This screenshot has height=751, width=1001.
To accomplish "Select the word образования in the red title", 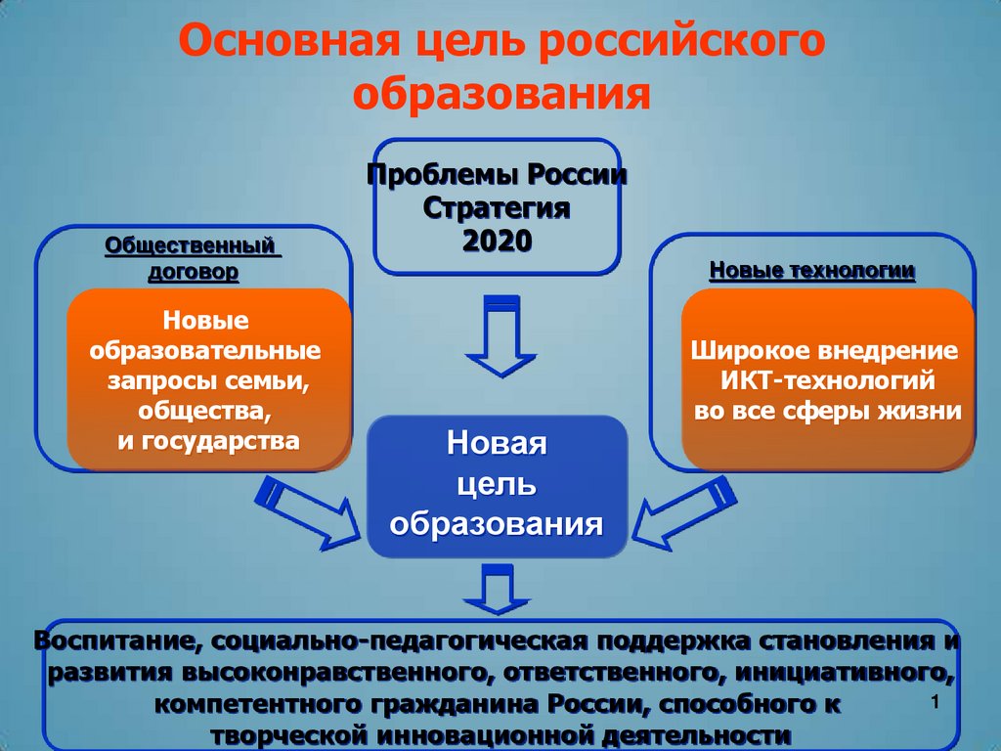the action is (501, 95).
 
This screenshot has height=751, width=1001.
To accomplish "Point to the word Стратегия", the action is (497, 208).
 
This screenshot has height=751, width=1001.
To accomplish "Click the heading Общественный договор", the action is (193, 257).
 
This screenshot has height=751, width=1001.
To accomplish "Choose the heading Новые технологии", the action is (812, 270).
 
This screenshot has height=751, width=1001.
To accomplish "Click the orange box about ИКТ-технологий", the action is (827, 379).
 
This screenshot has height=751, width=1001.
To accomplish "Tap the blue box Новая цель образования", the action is (497, 485).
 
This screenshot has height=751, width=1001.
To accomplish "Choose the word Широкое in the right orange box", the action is (740, 350).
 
